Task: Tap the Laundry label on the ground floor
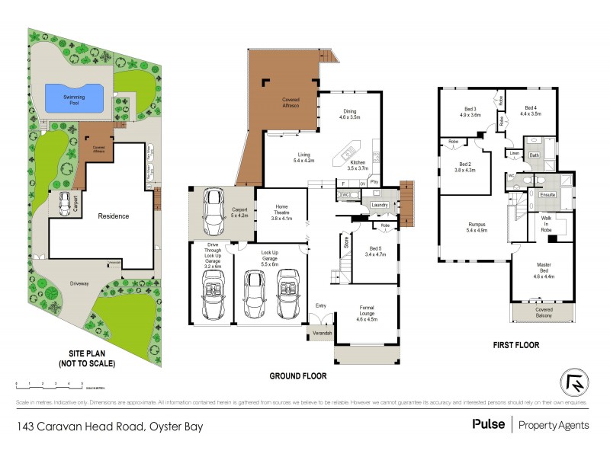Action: pyautogui.click(x=379, y=205)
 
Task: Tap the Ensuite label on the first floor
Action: pyautogui.click(x=547, y=195)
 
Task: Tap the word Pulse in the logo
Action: pyautogui.click(x=488, y=424)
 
